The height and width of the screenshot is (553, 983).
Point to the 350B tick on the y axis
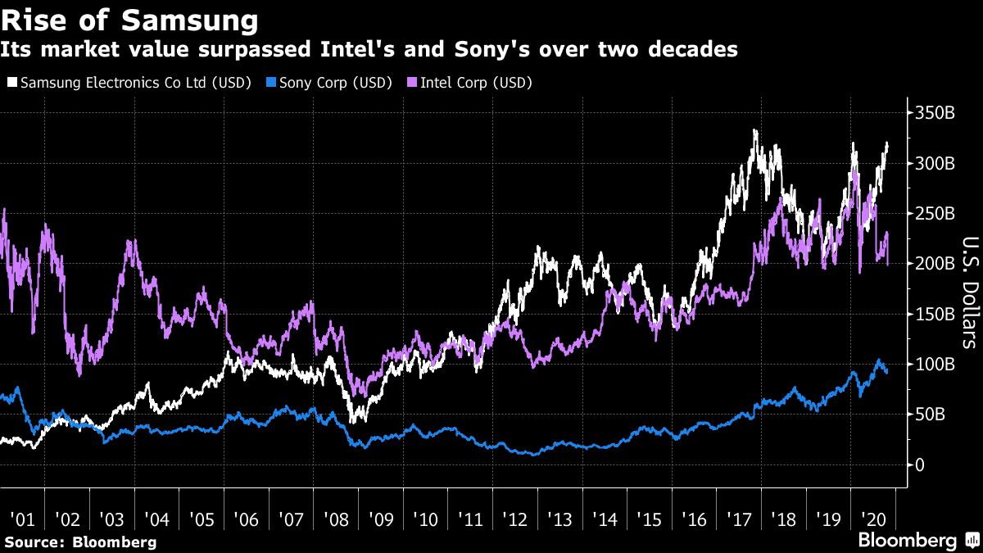tap(935, 113)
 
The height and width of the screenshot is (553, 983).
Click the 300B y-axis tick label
tap(935, 163)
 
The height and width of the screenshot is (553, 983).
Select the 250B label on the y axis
tap(935, 214)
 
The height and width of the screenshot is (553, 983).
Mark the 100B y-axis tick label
tap(935, 364)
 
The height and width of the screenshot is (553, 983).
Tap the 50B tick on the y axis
tap(931, 415)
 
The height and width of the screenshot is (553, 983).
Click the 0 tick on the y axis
tap(922, 465)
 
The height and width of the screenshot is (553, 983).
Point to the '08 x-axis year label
tap(336, 519)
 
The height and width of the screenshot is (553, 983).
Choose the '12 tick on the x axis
tap(516, 519)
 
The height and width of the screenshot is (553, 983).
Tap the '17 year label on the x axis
tap(740, 519)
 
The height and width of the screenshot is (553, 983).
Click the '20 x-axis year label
tap(874, 519)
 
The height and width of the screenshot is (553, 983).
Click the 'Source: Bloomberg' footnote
tap(79, 542)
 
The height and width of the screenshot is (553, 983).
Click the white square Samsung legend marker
tap(12, 83)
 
